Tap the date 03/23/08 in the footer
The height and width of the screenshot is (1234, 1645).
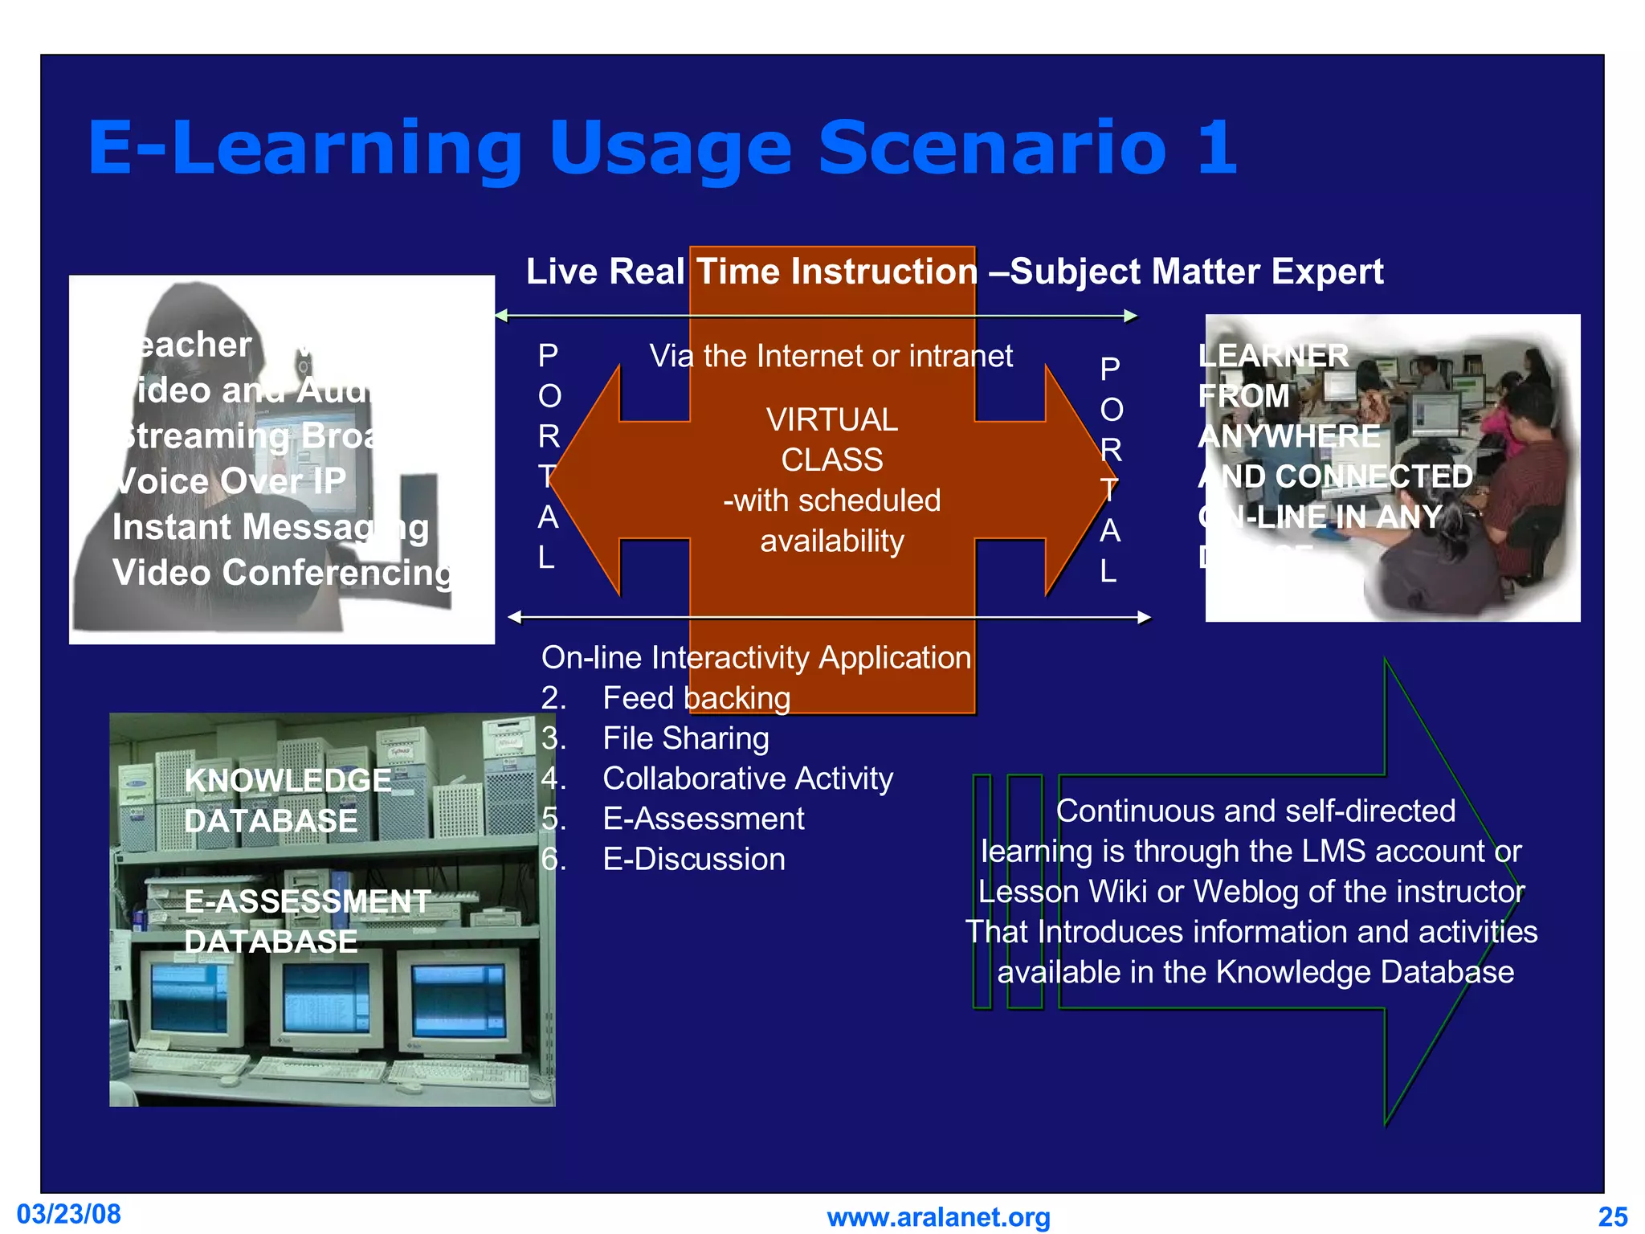coord(69,1214)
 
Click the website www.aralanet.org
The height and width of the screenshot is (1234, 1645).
coord(938,1217)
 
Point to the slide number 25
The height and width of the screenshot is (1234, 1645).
coord(1612,1217)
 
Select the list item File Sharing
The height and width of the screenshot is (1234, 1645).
coord(685,738)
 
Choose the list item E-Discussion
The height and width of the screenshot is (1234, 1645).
coord(693,860)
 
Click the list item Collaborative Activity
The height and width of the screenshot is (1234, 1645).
coord(747,778)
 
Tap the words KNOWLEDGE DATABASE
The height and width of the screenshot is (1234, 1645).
coord(287,800)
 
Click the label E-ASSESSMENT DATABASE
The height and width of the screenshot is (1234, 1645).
coord(307,921)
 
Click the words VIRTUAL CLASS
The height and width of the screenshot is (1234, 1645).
coord(831,439)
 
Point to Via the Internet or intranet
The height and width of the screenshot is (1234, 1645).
coord(831,356)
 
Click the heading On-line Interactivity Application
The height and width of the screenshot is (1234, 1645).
coord(756,658)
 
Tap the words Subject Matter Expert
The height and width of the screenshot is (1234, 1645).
coord(1197,272)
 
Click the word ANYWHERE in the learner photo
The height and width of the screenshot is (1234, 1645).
coord(1288,436)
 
